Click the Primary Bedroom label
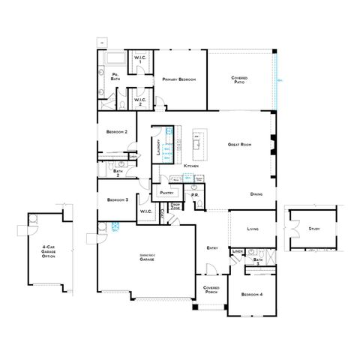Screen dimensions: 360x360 point(179,79)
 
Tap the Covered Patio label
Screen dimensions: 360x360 point(240,80)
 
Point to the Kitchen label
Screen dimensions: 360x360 point(191,165)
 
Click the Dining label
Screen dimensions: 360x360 point(256,194)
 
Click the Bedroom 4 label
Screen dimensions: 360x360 point(252,295)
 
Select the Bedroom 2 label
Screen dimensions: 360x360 point(117,132)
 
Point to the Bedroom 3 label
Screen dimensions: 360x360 point(117,199)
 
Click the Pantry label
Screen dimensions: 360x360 point(166,193)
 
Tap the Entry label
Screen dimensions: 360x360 point(211,248)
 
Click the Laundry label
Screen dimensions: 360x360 point(158,147)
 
